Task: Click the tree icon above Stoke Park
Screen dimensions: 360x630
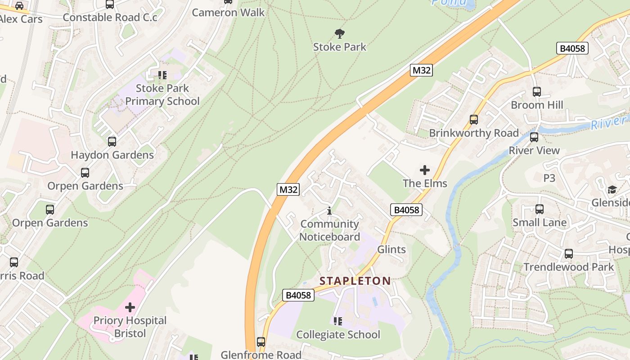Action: pyautogui.click(x=339, y=33)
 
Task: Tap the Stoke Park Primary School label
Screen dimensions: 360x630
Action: pyautogui.click(x=162, y=94)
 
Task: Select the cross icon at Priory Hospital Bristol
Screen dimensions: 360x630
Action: pyautogui.click(x=130, y=307)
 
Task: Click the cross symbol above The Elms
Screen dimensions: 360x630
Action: pyautogui.click(x=424, y=170)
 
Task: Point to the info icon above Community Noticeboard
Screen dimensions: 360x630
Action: pyautogui.click(x=329, y=211)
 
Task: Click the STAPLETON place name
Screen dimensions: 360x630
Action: pyautogui.click(x=355, y=281)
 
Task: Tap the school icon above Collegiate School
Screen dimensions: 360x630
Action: pyautogui.click(x=337, y=321)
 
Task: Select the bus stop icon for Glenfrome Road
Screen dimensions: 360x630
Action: pyautogui.click(x=261, y=342)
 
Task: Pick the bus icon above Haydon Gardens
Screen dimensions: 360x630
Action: pyautogui.click(x=112, y=142)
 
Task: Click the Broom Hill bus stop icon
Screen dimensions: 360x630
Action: pyautogui.click(x=536, y=92)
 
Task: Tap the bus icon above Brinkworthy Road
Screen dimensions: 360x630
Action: pyautogui.click(x=473, y=120)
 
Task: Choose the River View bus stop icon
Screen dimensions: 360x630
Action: pyautogui.click(x=534, y=137)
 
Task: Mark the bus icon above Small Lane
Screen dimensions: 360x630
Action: pyautogui.click(x=539, y=209)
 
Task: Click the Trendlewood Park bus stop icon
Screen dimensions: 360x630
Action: pyautogui.click(x=568, y=254)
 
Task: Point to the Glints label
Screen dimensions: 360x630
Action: pyautogui.click(x=391, y=249)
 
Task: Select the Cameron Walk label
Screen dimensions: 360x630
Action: pyautogui.click(x=228, y=12)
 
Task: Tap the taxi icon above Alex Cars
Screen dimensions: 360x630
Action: pyautogui.click(x=19, y=6)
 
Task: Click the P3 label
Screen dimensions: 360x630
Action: pyautogui.click(x=549, y=178)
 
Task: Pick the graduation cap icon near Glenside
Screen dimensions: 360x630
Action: pyautogui.click(x=612, y=189)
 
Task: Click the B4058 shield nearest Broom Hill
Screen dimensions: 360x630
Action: pyautogui.click(x=572, y=48)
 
